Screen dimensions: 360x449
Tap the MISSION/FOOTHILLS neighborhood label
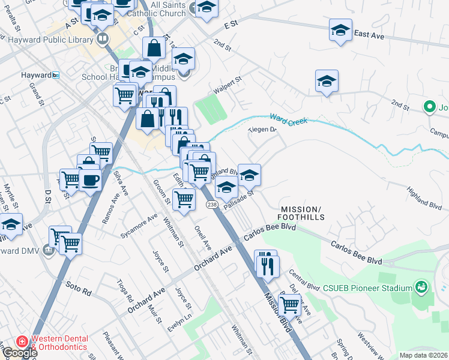click(x=301, y=212)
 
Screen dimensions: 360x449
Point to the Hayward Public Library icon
click(x=102, y=40)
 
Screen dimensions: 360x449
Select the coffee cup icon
click(x=90, y=179)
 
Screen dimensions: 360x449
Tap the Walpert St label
click(x=228, y=84)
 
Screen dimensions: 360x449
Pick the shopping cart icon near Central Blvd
click(x=290, y=305)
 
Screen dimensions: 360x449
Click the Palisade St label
click(x=240, y=200)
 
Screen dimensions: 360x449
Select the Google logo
click(x=19, y=353)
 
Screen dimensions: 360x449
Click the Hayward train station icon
click(x=56, y=75)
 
